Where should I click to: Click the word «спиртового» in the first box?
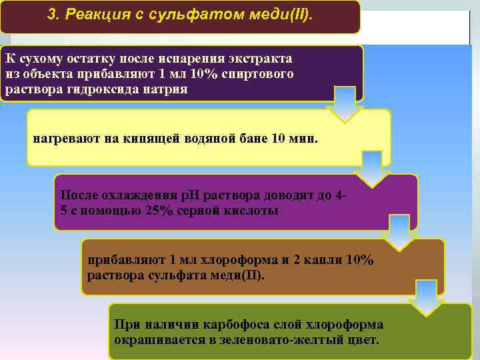pyautogui.click(x=260, y=73)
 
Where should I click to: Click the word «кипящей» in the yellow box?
pyautogui.click(x=161, y=138)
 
